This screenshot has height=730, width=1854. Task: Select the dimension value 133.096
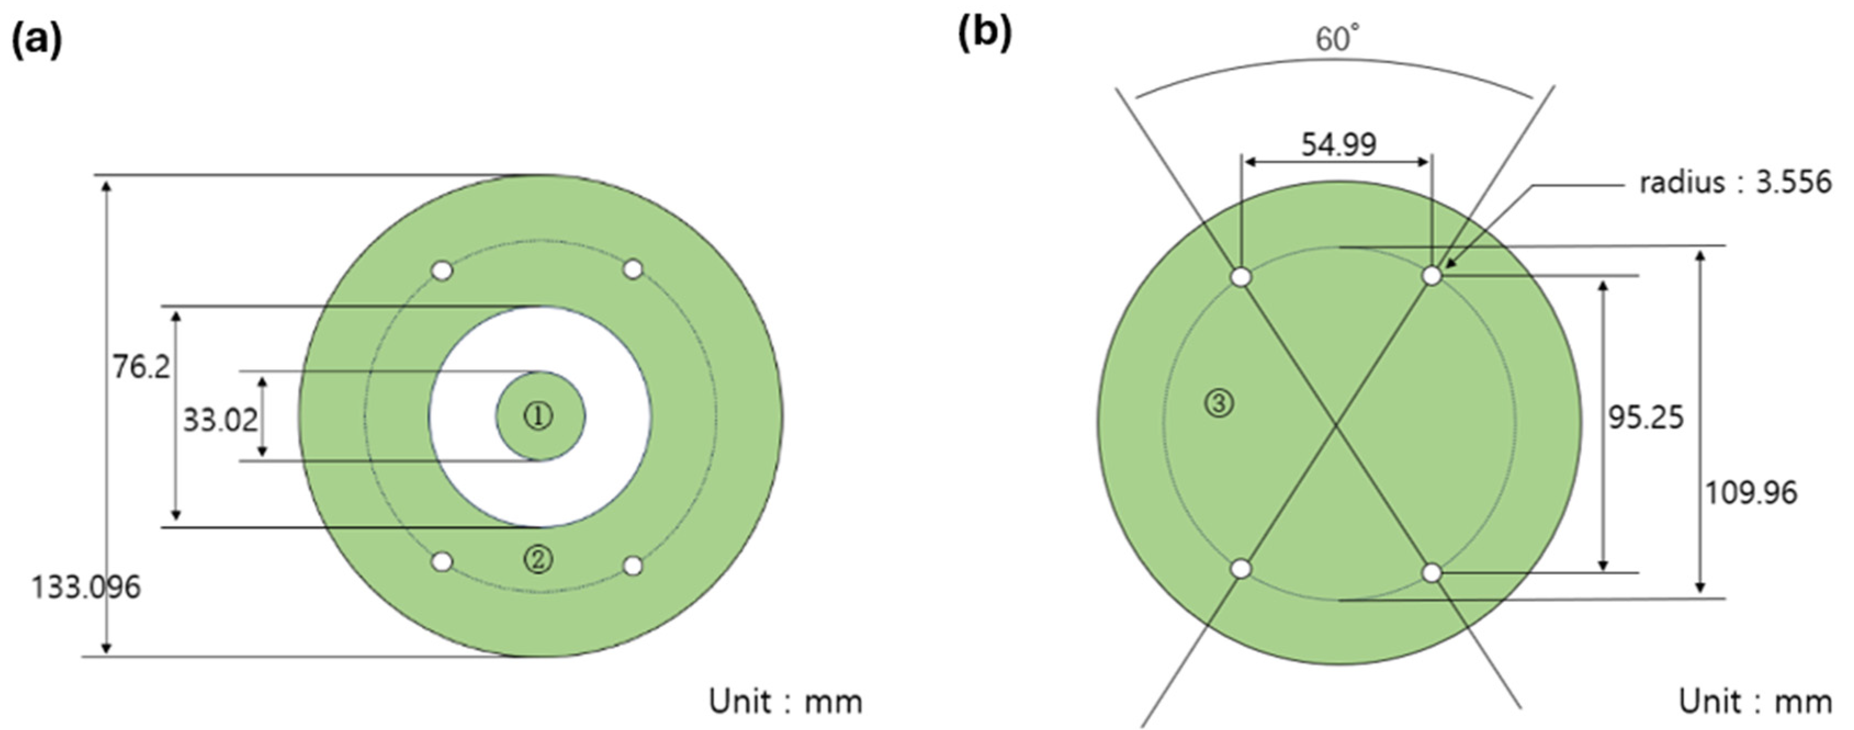[x=86, y=587]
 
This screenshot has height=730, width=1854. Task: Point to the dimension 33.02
[x=219, y=420]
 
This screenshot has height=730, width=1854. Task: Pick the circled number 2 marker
[x=538, y=559]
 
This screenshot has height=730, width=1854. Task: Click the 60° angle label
[x=1338, y=39]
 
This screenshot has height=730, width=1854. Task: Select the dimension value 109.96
[x=1751, y=493]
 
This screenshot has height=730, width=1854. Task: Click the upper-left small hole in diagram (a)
[x=442, y=271]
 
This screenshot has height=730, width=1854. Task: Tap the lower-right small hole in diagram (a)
[x=632, y=566]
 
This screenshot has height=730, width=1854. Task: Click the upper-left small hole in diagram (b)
[x=1241, y=277]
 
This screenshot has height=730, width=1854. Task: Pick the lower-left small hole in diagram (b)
[x=1241, y=569]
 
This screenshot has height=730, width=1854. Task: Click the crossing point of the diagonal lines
[x=1337, y=425]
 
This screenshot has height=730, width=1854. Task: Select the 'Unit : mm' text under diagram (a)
[x=785, y=701]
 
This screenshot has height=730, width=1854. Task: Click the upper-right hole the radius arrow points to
[x=1432, y=276]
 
